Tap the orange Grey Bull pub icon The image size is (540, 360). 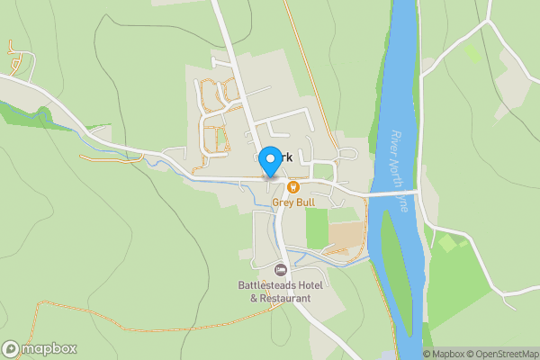(x=292, y=187)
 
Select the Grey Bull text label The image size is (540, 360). (x=293, y=202)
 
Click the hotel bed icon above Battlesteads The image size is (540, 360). (x=280, y=270)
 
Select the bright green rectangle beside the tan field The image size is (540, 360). (x=316, y=229)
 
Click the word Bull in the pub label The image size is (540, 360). (x=306, y=202)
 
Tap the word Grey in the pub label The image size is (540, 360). (x=283, y=202)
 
